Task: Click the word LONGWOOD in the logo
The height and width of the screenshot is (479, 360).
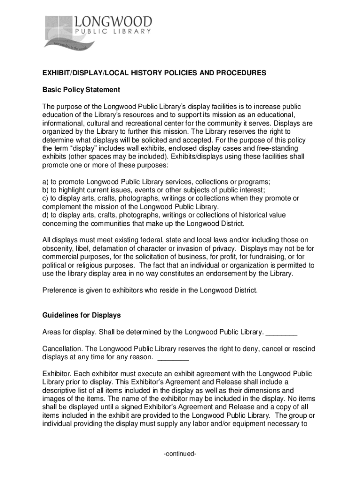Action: click(x=113, y=22)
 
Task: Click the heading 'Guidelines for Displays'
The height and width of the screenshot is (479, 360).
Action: click(x=82, y=315)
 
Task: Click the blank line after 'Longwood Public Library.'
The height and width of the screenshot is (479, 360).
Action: click(x=281, y=333)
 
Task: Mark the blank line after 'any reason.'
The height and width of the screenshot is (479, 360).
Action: click(x=173, y=358)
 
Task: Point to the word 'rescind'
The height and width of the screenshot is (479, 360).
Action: click(x=303, y=349)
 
